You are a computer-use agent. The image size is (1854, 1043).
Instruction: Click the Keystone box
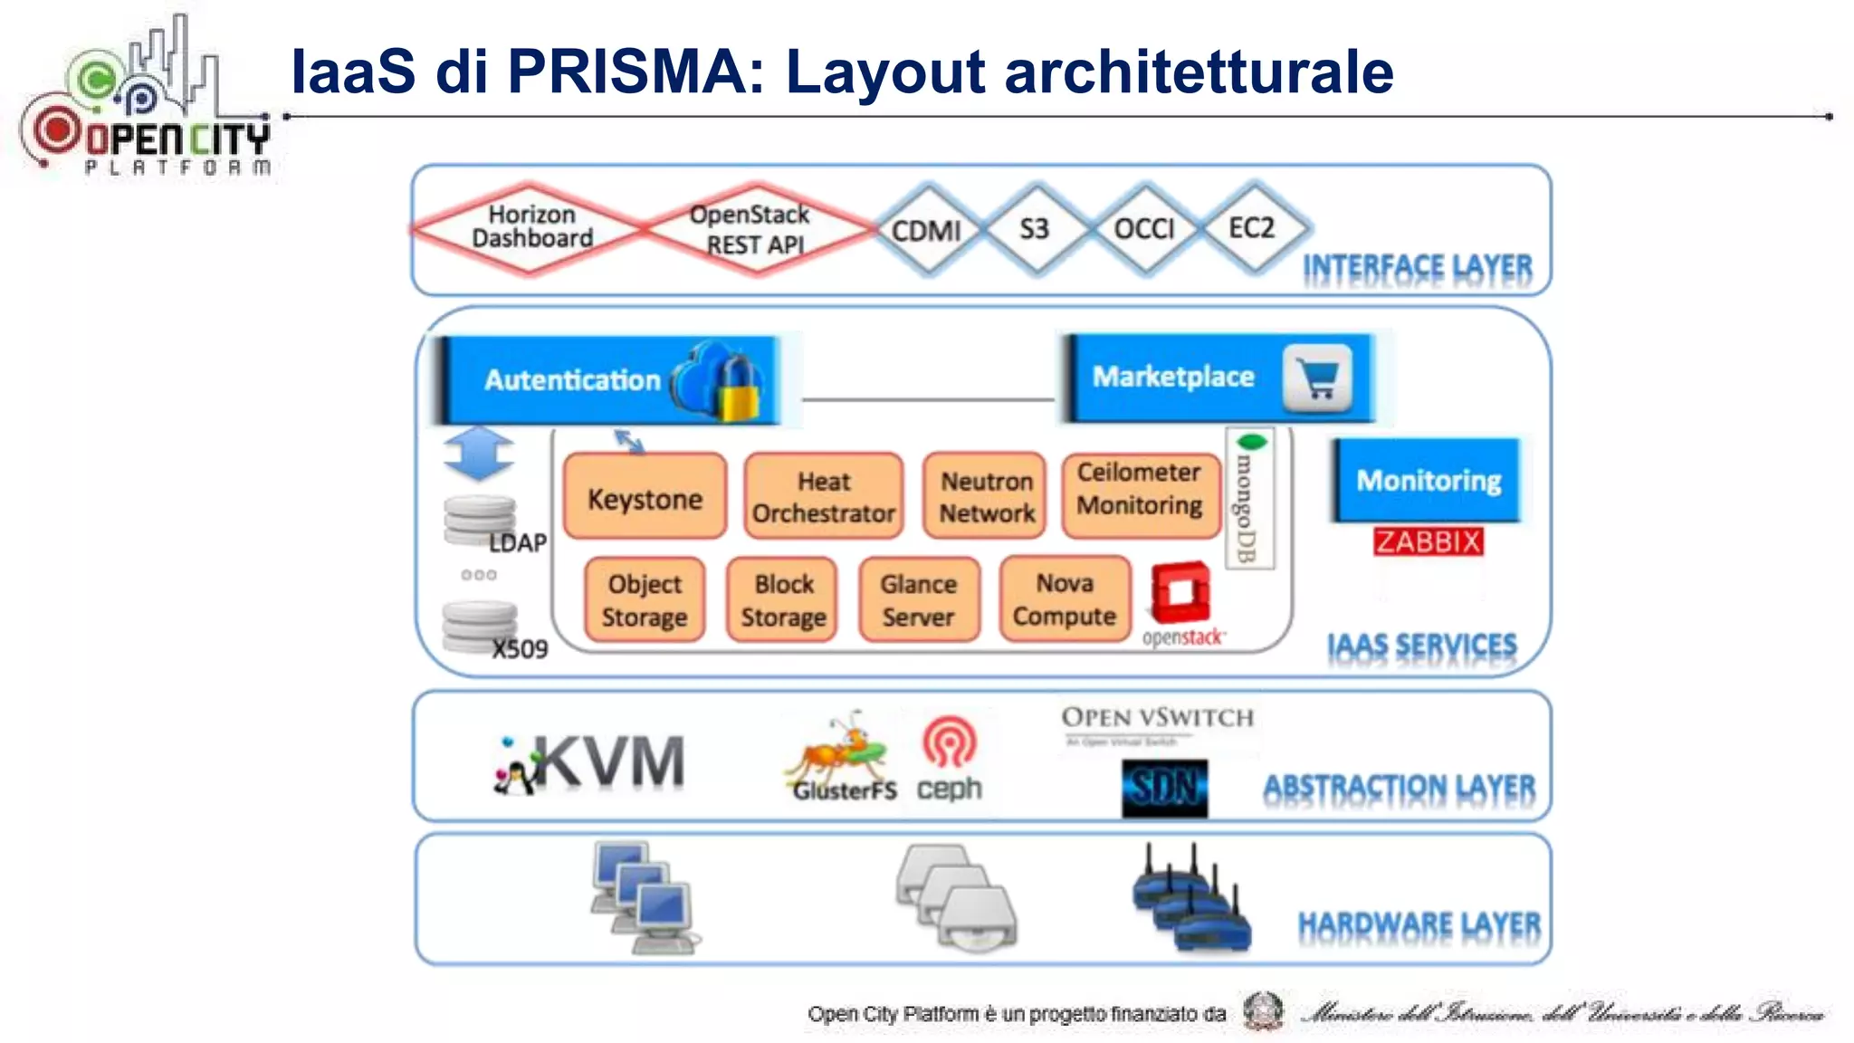(x=645, y=497)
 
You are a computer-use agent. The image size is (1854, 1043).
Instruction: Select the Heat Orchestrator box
(x=823, y=496)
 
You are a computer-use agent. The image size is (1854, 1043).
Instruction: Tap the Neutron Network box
(x=986, y=496)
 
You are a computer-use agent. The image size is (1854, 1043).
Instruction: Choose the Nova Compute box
(x=1065, y=599)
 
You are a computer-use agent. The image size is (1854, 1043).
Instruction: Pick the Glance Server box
(x=919, y=600)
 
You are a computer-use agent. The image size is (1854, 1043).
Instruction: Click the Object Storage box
(x=645, y=600)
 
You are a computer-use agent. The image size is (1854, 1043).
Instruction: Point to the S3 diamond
(x=1035, y=229)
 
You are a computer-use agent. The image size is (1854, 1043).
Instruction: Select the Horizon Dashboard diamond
(x=532, y=227)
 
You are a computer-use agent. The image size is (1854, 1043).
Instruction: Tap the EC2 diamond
(x=1252, y=228)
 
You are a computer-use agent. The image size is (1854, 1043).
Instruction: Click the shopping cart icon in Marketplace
(x=1316, y=378)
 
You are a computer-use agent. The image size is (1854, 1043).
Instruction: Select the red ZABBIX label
(x=1428, y=541)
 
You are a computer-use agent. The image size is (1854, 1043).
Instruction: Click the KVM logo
(x=593, y=763)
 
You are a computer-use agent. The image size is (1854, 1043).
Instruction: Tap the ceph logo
(x=949, y=761)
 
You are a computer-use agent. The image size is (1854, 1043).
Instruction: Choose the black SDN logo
(x=1164, y=788)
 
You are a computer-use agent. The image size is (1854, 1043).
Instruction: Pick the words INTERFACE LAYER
(x=1417, y=268)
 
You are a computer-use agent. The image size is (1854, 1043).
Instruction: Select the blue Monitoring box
(x=1428, y=480)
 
